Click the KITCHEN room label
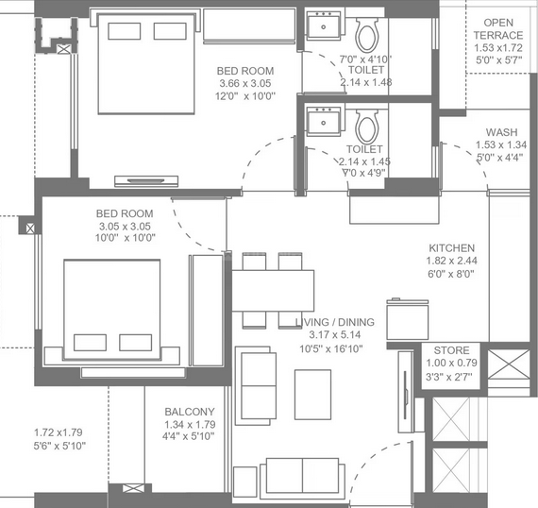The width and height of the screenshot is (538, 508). click(451, 247)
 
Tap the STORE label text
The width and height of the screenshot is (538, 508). click(451, 350)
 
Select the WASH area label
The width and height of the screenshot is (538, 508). click(501, 132)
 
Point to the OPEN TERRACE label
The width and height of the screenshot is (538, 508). click(498, 29)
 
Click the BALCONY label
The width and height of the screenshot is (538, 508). click(190, 412)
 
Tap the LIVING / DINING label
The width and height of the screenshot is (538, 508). click(335, 322)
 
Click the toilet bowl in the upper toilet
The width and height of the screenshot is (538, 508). click(367, 35)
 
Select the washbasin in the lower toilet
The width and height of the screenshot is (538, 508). click(324, 121)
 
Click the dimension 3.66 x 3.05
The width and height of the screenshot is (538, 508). click(245, 83)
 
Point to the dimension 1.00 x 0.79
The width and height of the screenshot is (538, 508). click(451, 363)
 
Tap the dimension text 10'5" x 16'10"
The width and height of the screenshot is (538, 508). click(331, 349)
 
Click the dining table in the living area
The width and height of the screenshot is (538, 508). click(273, 291)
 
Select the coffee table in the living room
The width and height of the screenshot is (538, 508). click(313, 395)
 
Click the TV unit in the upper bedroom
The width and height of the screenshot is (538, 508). click(146, 181)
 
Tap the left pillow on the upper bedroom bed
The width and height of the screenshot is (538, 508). click(125, 31)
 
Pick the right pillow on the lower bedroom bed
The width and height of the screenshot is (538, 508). click(136, 343)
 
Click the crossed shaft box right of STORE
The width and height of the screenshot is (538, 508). click(509, 364)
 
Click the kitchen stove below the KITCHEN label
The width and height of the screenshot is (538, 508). click(408, 319)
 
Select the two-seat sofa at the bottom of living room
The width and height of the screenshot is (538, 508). click(302, 476)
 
